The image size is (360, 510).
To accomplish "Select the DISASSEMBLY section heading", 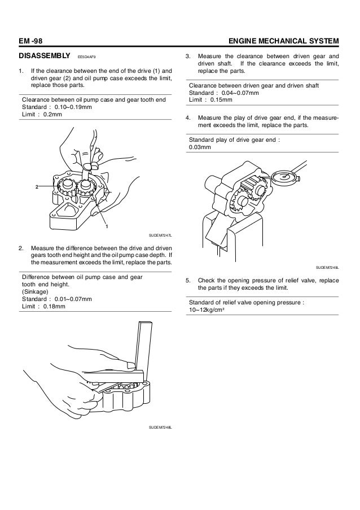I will pyautogui.click(x=43, y=57).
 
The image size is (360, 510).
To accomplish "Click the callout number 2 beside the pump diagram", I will pyautogui.click(x=37, y=186).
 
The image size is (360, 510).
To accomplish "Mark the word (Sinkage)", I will pyautogui.click(x=36, y=291).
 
